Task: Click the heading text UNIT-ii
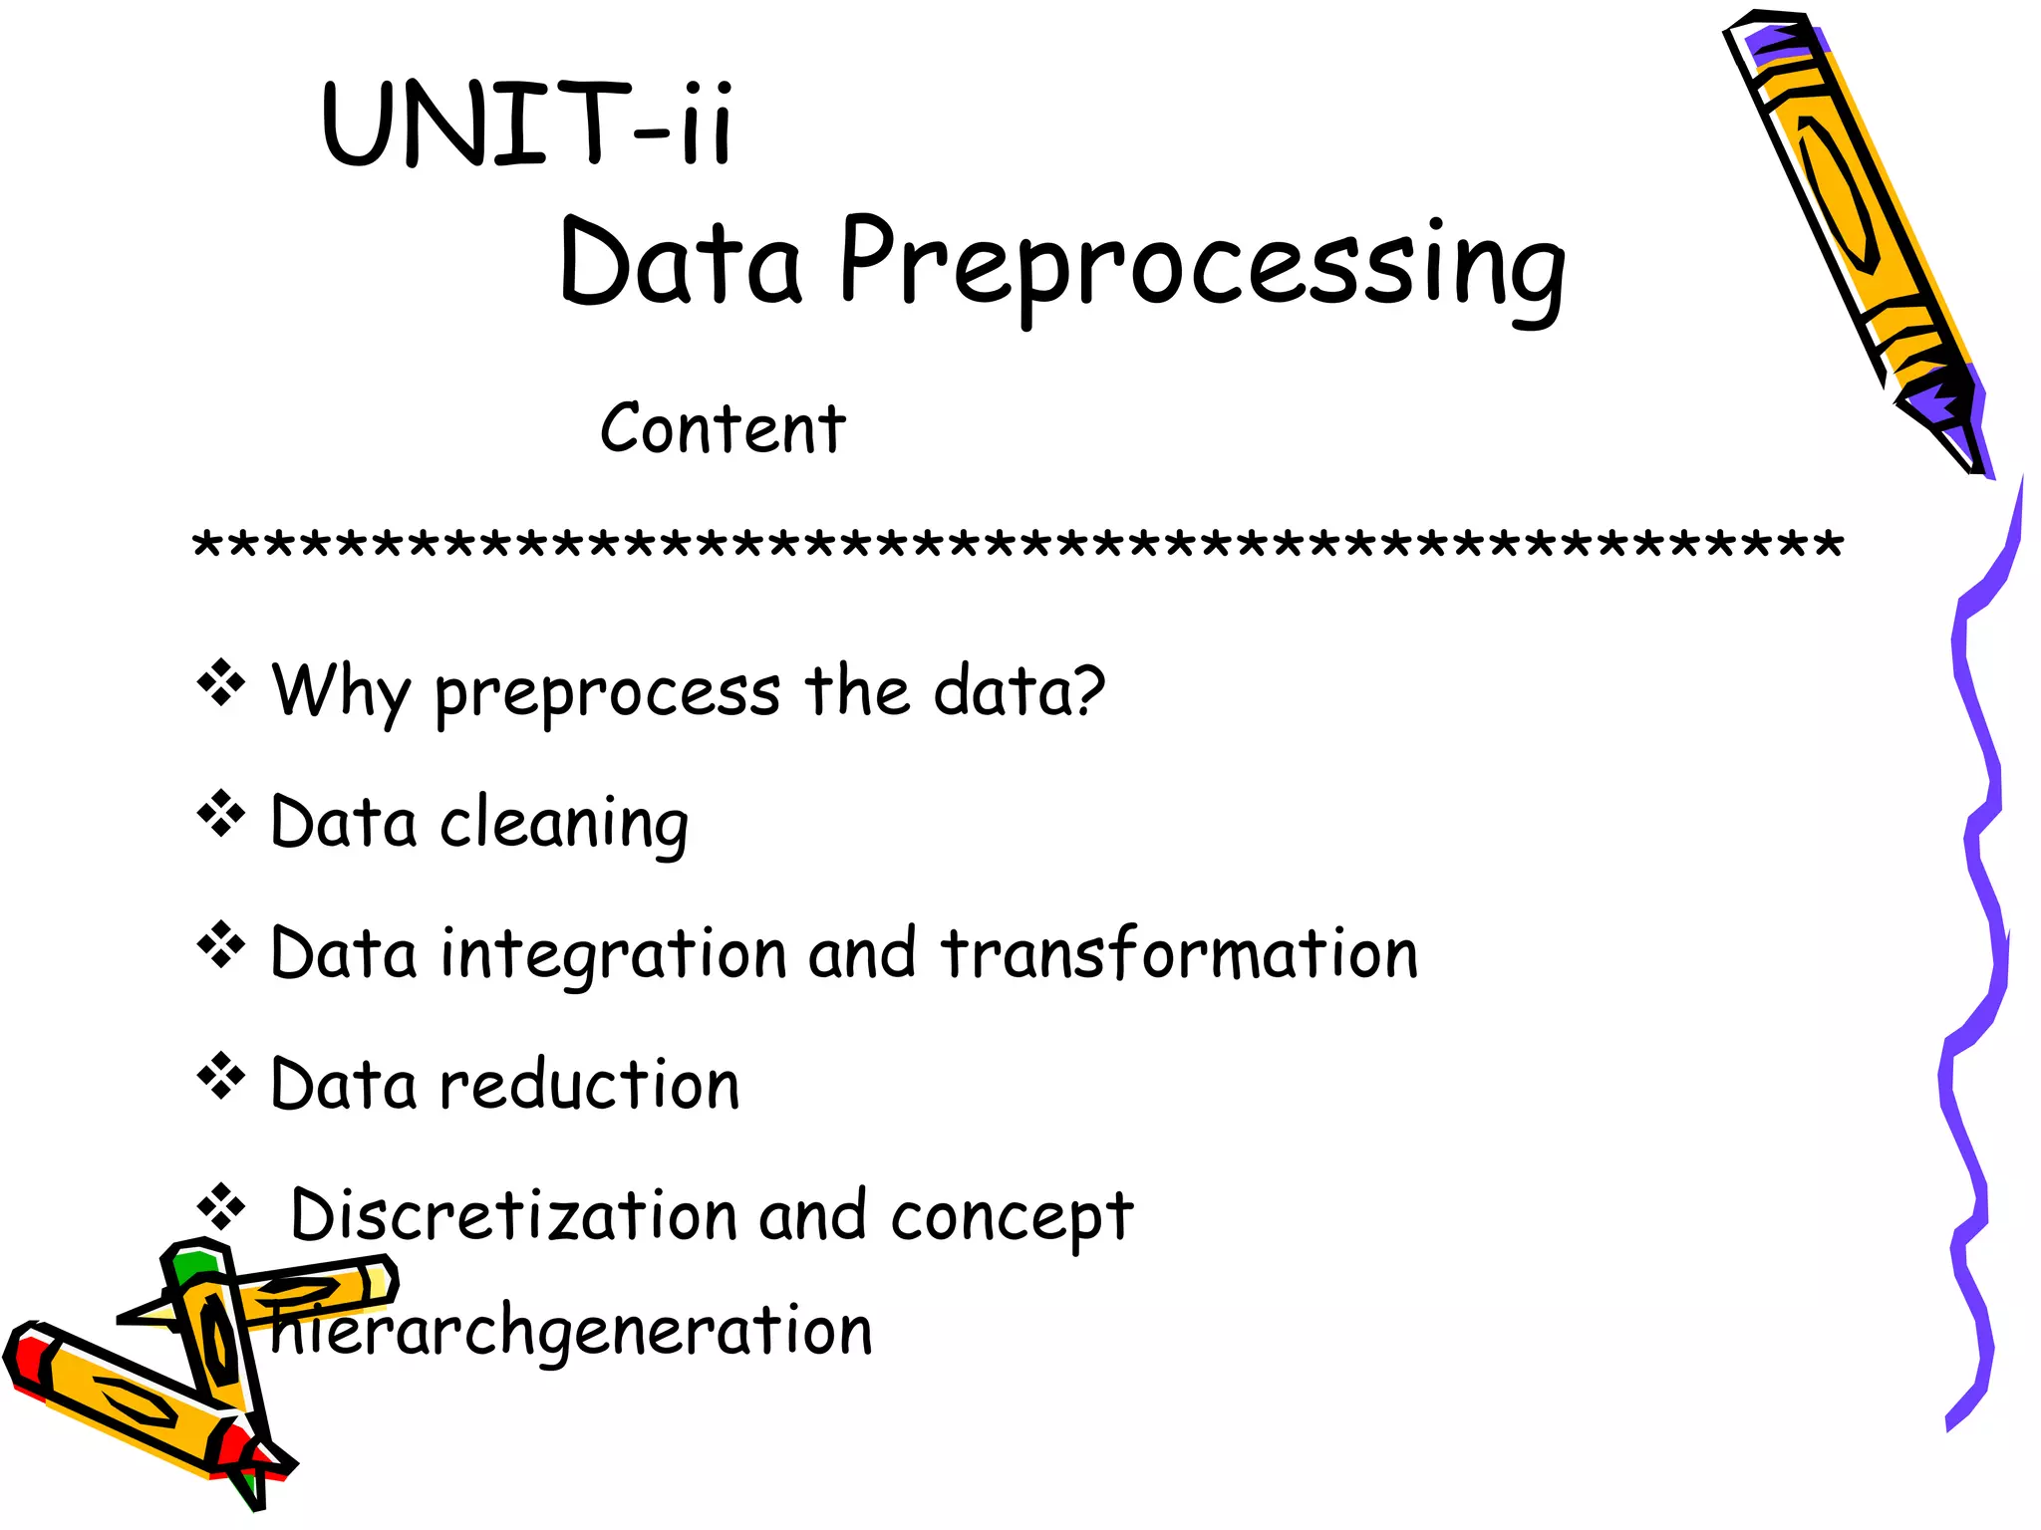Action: click(x=528, y=125)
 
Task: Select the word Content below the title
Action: click(x=723, y=429)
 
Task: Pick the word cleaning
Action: click(x=564, y=825)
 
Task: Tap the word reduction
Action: click(x=590, y=1085)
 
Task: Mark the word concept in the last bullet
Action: click(x=1012, y=1217)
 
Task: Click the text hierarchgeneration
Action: click(x=572, y=1331)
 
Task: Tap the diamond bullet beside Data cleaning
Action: click(x=220, y=814)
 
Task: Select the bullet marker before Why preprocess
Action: click(x=220, y=683)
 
